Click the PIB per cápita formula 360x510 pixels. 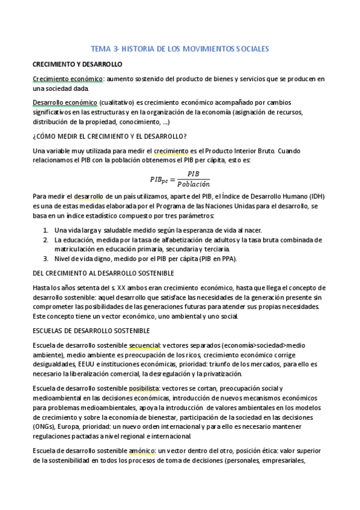180,179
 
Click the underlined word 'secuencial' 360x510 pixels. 144,345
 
